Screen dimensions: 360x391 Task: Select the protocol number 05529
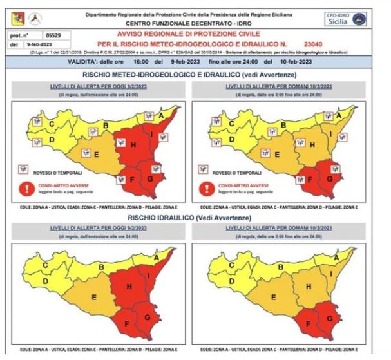55,37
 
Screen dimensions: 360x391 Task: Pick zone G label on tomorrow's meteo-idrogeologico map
329,178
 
